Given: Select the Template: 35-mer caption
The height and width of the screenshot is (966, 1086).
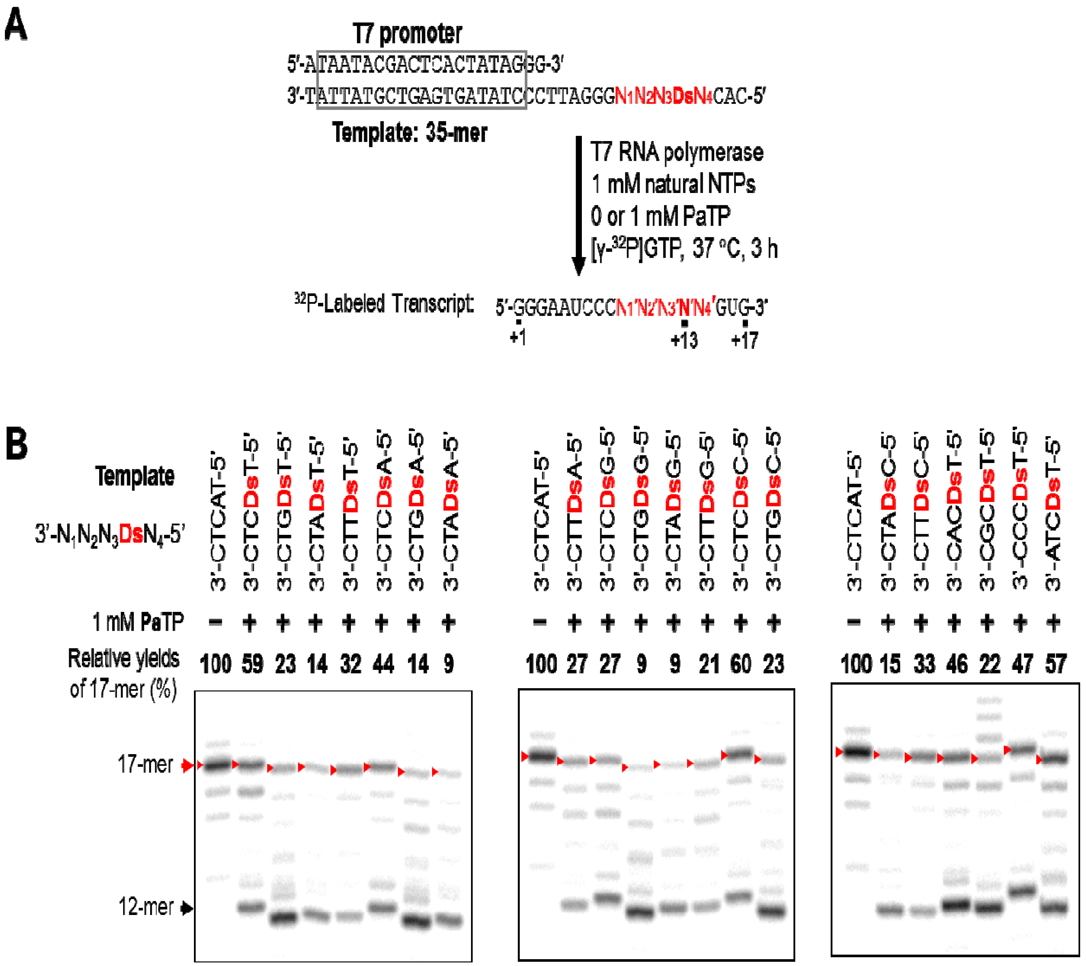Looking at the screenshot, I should pos(409,132).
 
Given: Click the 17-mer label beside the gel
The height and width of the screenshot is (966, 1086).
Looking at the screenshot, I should pos(145,765).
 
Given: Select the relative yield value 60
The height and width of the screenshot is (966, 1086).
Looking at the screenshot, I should pos(741,664).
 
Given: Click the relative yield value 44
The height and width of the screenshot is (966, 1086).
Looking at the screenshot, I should pos(383,664).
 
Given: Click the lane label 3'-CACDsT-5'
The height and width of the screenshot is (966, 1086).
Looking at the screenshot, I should pos(954,513).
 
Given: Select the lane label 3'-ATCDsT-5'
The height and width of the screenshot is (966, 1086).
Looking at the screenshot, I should pos(1053,513).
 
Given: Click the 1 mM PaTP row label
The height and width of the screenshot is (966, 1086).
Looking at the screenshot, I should pos(138,622).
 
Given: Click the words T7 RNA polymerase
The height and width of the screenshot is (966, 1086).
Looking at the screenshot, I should pos(677,152).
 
